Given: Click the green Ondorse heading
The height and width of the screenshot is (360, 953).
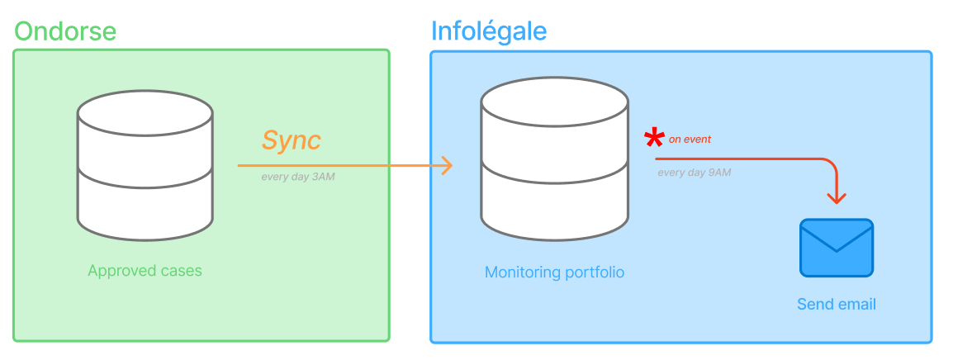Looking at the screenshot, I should point(65,31).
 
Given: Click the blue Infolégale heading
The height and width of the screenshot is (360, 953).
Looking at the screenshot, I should point(489,31).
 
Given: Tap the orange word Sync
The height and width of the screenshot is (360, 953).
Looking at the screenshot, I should point(291,140).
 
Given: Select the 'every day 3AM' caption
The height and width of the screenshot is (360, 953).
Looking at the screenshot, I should point(298,177).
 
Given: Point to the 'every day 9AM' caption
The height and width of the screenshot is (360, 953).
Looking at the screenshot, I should point(695,173).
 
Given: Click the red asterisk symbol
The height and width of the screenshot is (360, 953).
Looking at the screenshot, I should point(654,138).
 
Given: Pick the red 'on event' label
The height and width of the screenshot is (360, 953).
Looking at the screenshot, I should point(690,140).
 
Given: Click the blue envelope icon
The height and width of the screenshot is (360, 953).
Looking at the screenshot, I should point(836,248).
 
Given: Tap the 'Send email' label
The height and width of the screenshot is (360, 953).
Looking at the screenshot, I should point(836,305).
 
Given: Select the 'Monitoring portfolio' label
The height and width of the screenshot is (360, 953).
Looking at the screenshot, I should point(554,272).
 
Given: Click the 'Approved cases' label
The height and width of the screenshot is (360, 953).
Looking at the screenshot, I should point(145,271).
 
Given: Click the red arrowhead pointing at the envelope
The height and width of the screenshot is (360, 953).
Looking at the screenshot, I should point(837,198).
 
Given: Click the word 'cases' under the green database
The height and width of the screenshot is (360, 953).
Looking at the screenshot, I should point(181,271).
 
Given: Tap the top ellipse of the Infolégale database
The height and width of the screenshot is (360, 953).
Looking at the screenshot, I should point(554,104).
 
